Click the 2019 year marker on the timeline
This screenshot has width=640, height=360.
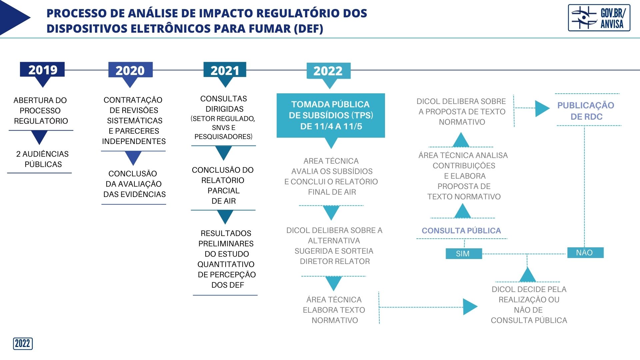tap(42, 70)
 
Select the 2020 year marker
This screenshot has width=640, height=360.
tap(130, 70)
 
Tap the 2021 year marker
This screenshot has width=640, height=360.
tap(225, 70)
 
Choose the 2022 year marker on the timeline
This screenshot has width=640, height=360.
tap(328, 71)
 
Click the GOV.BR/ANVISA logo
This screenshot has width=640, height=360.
tap(599, 18)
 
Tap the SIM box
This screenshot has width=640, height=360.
tap(464, 254)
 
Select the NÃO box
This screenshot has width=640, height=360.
tap(585, 253)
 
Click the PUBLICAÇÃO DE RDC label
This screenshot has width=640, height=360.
tap(586, 111)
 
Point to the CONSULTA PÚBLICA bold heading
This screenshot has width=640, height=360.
tap(461, 231)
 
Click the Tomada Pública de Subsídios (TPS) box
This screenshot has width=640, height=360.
tap(331, 115)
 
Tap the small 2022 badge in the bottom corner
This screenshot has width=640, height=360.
tap(23, 344)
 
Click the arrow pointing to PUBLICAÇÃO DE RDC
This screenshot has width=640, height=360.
tap(532, 108)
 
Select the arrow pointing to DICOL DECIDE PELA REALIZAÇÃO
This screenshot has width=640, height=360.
tap(428, 307)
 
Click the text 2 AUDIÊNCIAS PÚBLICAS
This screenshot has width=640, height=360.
tap(43, 159)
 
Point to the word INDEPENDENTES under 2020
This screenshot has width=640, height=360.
tap(134, 141)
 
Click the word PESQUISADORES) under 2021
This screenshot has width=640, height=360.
tap(223, 137)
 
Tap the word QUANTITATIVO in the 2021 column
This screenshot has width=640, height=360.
tap(226, 264)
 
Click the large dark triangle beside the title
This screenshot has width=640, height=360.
tap(15, 17)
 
